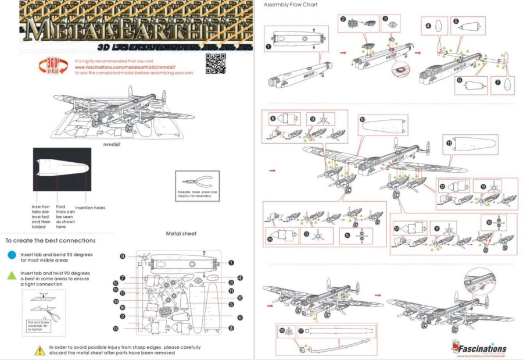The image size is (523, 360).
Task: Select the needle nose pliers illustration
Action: (x=198, y=180)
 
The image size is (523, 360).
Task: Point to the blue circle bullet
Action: (x=12, y=255)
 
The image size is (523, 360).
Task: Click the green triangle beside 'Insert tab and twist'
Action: (x=12, y=275)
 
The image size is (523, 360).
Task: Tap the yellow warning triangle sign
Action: (x=40, y=350)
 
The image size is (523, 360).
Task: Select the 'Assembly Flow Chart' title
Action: (x=291, y=5)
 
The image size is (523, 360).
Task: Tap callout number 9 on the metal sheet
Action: (x=123, y=256)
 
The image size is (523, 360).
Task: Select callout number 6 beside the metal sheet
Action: (x=239, y=318)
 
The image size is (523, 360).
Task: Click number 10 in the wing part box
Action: (x=363, y=119)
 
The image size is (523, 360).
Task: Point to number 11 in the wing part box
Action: (x=449, y=142)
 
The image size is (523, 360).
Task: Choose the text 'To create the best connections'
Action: (x=51, y=240)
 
